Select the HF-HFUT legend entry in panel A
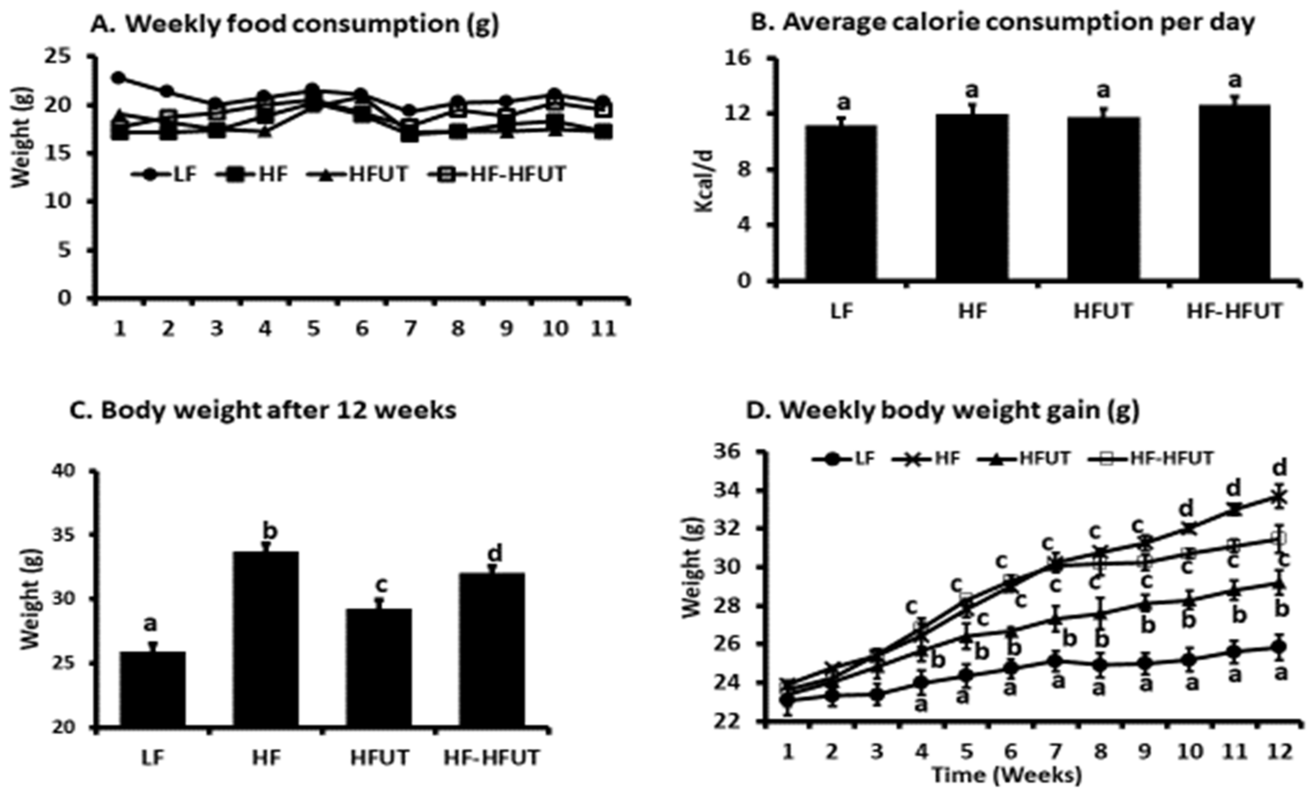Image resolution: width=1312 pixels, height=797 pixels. [x=498, y=174]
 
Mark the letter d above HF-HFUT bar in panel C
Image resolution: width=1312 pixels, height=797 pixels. [x=495, y=554]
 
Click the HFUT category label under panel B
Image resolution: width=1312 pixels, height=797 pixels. [x=1103, y=311]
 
